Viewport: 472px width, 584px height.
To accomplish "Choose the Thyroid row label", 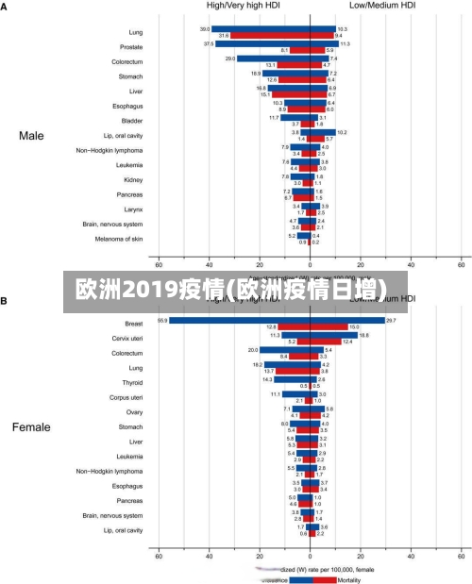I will click(x=131, y=382).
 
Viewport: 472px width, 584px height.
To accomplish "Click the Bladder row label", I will click(x=132, y=121).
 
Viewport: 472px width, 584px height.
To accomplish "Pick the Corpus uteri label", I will click(x=126, y=397).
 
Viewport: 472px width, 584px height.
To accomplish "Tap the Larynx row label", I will click(x=133, y=209).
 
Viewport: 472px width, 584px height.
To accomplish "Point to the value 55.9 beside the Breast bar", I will click(x=162, y=321).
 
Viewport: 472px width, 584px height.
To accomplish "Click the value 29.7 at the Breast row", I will click(x=391, y=321).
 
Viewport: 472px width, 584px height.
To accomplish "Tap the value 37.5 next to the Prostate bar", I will click(x=209, y=43).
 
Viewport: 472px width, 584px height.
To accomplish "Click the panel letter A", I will click(x=5, y=6).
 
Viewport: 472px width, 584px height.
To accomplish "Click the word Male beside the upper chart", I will click(x=31, y=136).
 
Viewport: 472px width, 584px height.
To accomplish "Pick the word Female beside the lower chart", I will click(x=31, y=427).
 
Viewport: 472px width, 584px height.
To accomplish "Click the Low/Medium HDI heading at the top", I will click(x=382, y=6).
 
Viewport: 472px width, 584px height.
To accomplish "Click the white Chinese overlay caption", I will click(x=237, y=289).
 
